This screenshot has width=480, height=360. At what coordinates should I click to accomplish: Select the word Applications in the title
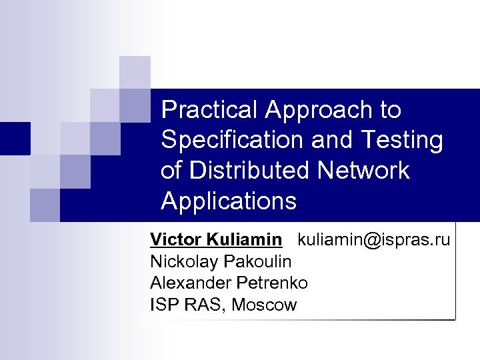click(x=228, y=201)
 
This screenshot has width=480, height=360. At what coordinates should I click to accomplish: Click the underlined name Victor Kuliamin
click(x=216, y=239)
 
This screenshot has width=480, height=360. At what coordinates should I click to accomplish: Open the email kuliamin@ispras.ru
click(x=373, y=239)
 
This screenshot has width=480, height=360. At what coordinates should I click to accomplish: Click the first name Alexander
click(x=186, y=283)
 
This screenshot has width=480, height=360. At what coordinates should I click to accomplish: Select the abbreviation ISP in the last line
click(x=163, y=305)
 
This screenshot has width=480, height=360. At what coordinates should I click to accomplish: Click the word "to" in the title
click(x=389, y=110)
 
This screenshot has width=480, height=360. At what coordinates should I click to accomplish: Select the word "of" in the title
click(x=171, y=171)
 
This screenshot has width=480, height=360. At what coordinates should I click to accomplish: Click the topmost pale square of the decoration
click(x=135, y=71)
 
